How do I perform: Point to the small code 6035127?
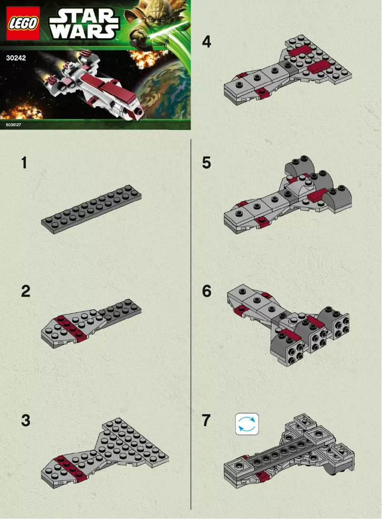(14, 125)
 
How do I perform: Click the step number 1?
(24, 163)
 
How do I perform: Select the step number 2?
(26, 291)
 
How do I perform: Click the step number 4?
(206, 42)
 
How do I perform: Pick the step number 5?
(206, 163)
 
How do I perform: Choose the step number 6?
(206, 291)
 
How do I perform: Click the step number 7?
(206, 420)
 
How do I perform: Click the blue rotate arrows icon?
(247, 424)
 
